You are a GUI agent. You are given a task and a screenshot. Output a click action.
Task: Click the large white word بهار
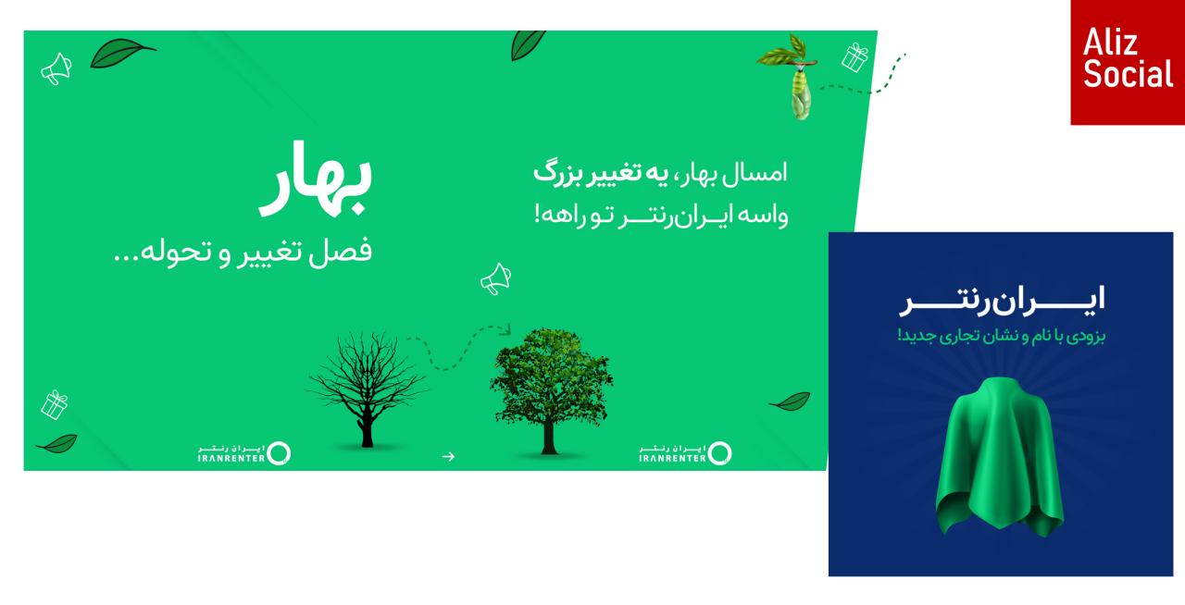point(316,179)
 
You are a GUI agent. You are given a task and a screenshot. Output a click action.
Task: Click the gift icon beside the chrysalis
point(854,57)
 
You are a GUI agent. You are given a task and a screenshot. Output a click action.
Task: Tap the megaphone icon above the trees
point(495,278)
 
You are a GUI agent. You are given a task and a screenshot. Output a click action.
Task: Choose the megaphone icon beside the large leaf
point(56,68)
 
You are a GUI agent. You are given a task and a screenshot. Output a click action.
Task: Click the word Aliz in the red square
point(1110,43)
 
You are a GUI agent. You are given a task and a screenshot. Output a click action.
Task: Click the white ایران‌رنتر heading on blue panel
point(1003,301)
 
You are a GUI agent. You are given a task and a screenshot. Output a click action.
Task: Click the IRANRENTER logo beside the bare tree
point(243,453)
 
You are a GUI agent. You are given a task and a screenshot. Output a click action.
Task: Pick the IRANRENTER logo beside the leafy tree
point(685,453)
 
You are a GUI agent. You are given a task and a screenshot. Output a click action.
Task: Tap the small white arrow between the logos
point(448,456)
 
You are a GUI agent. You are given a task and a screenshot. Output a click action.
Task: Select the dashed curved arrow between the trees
point(458,348)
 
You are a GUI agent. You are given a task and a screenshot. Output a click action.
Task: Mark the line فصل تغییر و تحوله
point(243,252)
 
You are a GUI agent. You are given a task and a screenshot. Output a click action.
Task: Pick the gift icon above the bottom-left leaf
point(54,405)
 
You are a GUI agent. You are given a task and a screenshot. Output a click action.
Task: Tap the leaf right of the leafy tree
point(790,401)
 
